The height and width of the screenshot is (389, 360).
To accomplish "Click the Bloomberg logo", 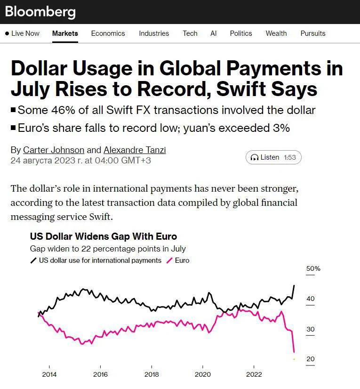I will (40, 12).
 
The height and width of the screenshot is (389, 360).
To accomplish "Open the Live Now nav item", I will (23, 33).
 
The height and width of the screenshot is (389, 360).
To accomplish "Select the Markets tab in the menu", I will (65, 33).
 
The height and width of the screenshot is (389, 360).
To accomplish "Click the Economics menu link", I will (108, 33).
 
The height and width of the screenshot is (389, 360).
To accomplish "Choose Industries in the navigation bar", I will (154, 33).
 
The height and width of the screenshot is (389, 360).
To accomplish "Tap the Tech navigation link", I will (190, 33).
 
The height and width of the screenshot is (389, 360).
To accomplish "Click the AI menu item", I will (214, 33).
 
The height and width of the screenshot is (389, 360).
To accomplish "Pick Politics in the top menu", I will (241, 33).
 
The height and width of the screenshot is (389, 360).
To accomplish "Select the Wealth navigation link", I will (276, 33).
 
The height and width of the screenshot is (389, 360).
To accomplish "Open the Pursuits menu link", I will (313, 33).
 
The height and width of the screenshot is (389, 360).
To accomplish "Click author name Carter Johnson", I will (54, 150).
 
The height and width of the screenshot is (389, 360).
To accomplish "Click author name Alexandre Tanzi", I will (135, 150).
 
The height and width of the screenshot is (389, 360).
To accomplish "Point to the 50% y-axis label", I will (313, 269).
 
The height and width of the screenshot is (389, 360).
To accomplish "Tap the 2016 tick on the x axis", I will (100, 374).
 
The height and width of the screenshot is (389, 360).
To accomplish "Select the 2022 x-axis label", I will (254, 374).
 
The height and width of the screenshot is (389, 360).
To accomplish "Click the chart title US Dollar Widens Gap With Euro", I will (104, 236).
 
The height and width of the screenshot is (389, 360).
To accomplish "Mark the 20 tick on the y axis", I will (311, 359).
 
